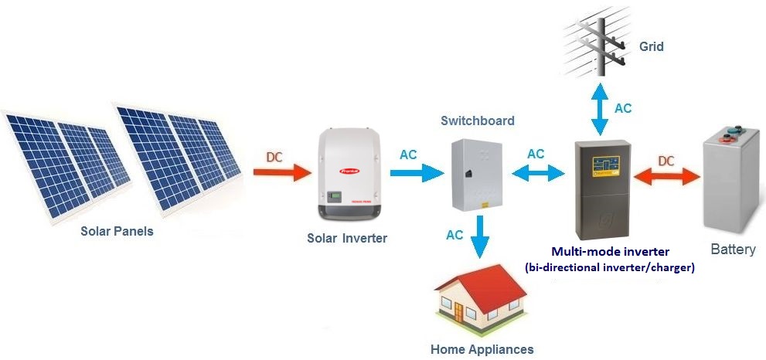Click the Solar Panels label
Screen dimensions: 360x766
(x=117, y=231)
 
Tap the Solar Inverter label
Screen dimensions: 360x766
(x=346, y=238)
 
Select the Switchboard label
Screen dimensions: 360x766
(x=477, y=121)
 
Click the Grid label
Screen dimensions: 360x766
(x=651, y=47)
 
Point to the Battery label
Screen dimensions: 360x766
(x=732, y=250)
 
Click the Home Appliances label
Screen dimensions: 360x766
(x=482, y=349)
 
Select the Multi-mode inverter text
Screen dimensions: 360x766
(x=610, y=251)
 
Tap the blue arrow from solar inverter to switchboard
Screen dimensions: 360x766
(x=417, y=172)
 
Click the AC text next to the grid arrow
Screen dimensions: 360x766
(x=623, y=108)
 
